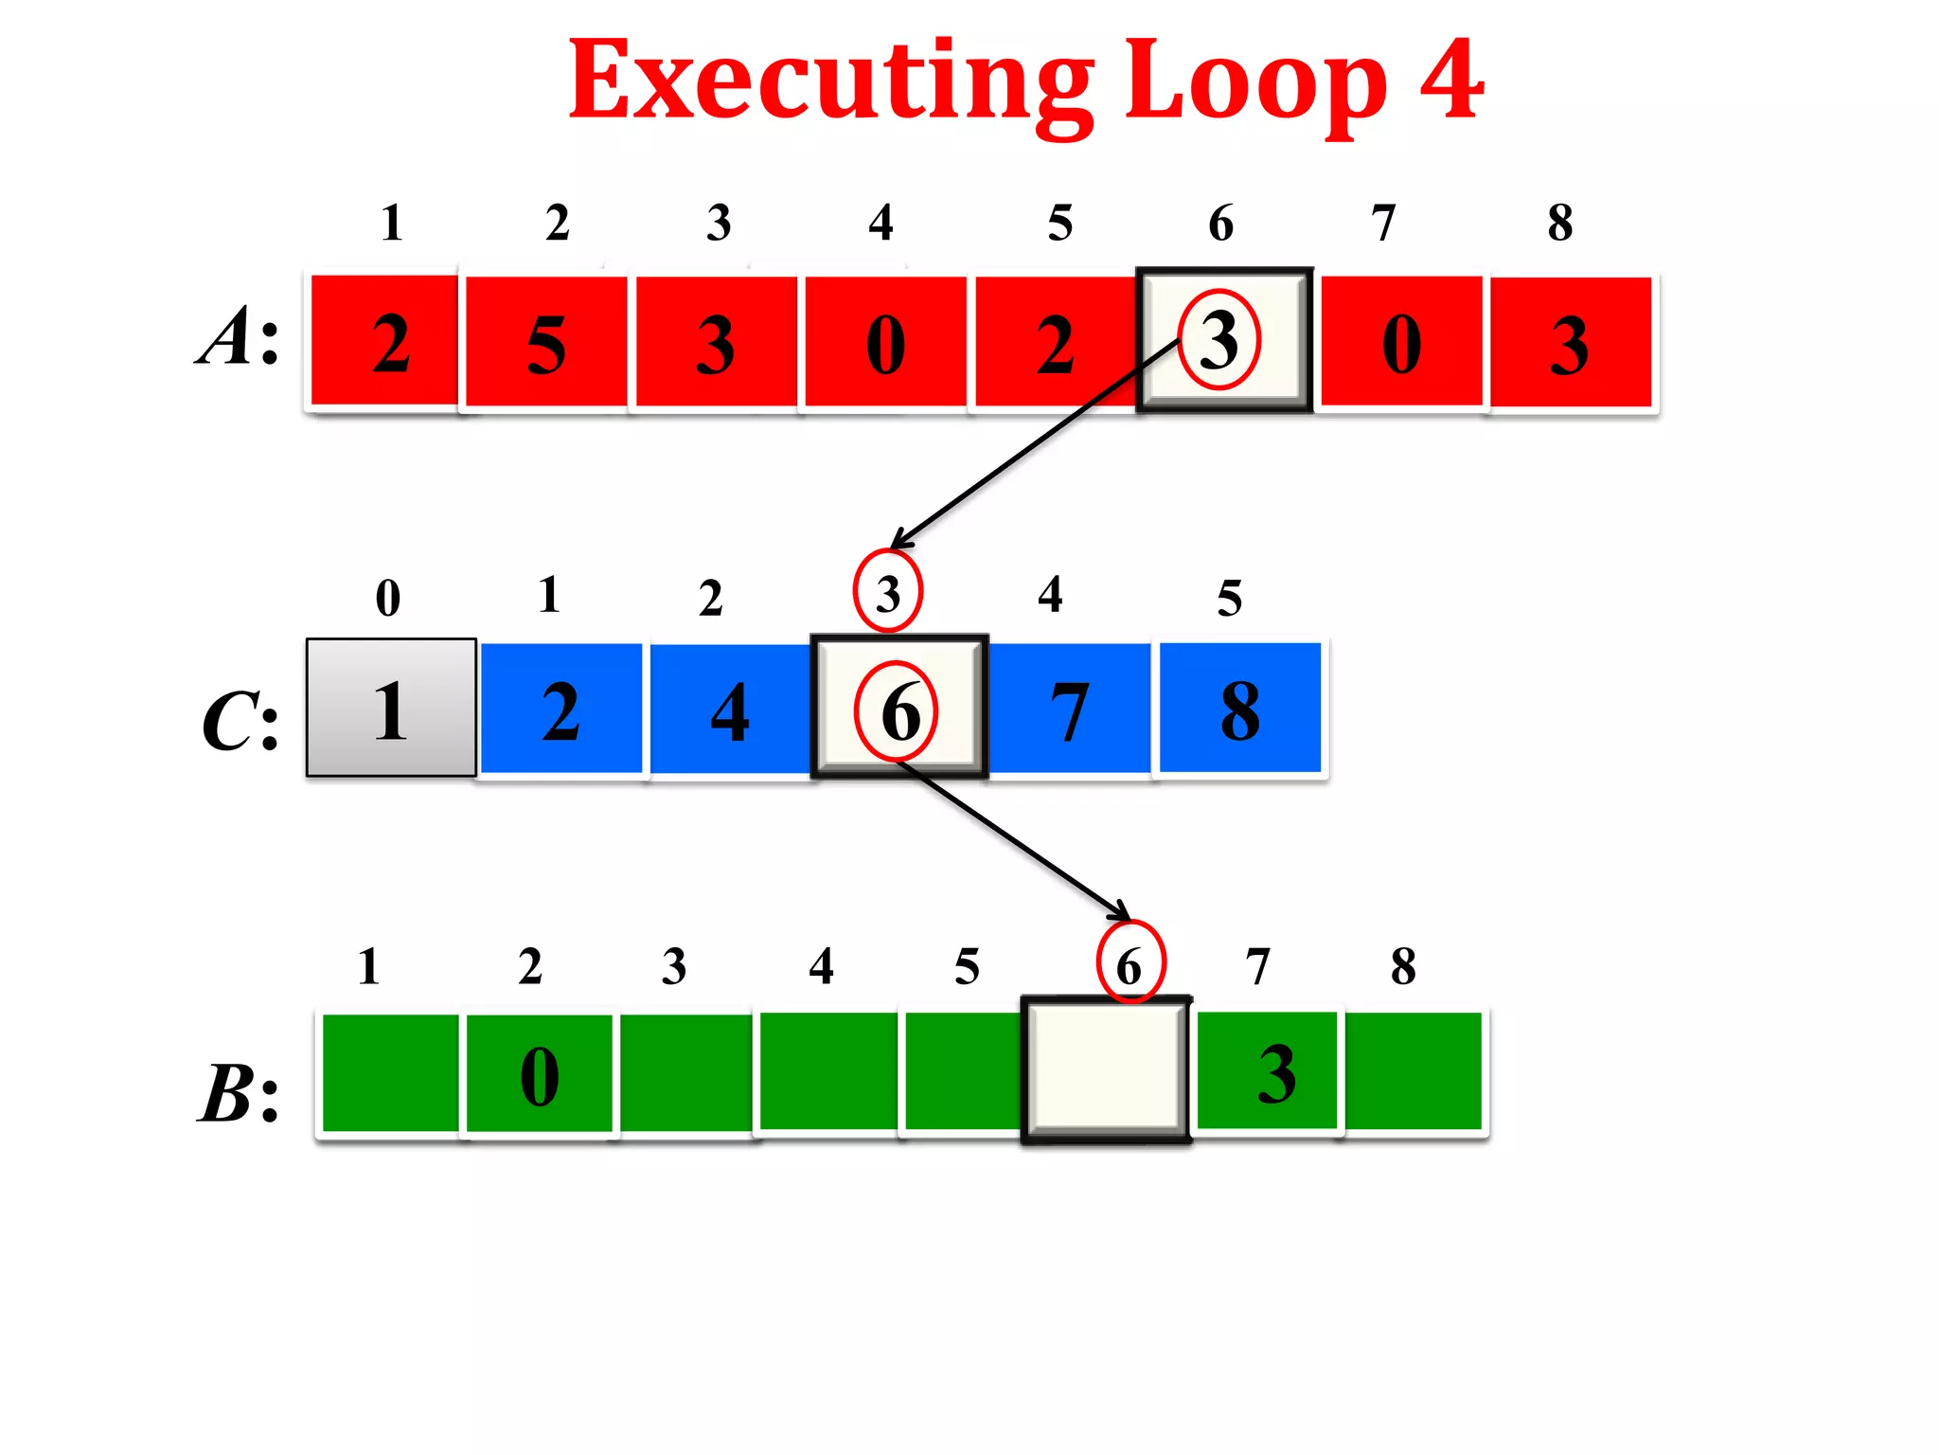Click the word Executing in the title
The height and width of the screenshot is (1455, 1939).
point(829,83)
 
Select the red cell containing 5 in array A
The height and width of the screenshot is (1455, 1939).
point(546,343)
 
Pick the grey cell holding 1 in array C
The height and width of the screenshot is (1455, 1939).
point(391,709)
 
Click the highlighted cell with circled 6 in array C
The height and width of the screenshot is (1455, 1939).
point(899,709)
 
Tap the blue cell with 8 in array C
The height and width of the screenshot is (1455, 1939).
point(1239,709)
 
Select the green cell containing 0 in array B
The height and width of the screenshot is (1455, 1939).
point(540,1074)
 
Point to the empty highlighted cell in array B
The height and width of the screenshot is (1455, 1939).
point(1106,1070)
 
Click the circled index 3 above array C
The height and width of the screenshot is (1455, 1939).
point(887,593)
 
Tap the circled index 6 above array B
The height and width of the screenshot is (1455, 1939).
point(1130,964)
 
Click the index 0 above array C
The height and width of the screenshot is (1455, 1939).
point(388,598)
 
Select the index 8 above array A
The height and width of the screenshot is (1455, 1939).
point(1560,224)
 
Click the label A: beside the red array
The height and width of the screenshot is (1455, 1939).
point(239,337)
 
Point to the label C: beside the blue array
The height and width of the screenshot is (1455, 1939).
point(240,722)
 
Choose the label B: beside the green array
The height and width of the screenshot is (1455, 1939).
point(239,1093)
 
